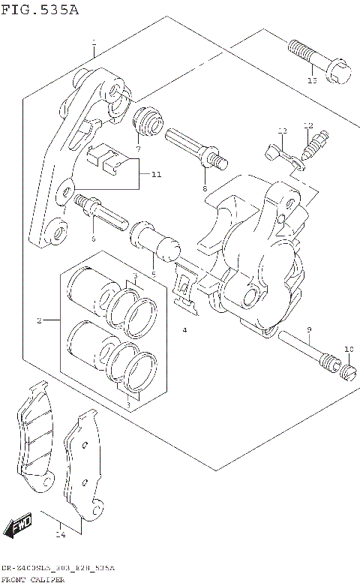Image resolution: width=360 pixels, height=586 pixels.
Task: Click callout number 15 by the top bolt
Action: [312, 80]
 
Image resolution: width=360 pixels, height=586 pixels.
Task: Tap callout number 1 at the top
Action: [94, 42]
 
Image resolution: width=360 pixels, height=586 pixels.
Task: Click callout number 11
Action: [155, 175]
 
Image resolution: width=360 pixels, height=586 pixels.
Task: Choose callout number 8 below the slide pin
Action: [203, 190]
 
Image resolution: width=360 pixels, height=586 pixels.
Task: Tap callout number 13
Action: [282, 131]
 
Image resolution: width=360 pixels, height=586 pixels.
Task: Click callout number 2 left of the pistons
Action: [39, 321]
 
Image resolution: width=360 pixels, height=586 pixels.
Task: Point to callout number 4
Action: [183, 330]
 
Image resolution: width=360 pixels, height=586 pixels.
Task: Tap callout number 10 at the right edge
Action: [347, 350]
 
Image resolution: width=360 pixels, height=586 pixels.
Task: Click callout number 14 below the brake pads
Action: [61, 535]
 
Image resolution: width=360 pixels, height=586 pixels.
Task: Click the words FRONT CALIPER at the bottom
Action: [33, 580]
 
